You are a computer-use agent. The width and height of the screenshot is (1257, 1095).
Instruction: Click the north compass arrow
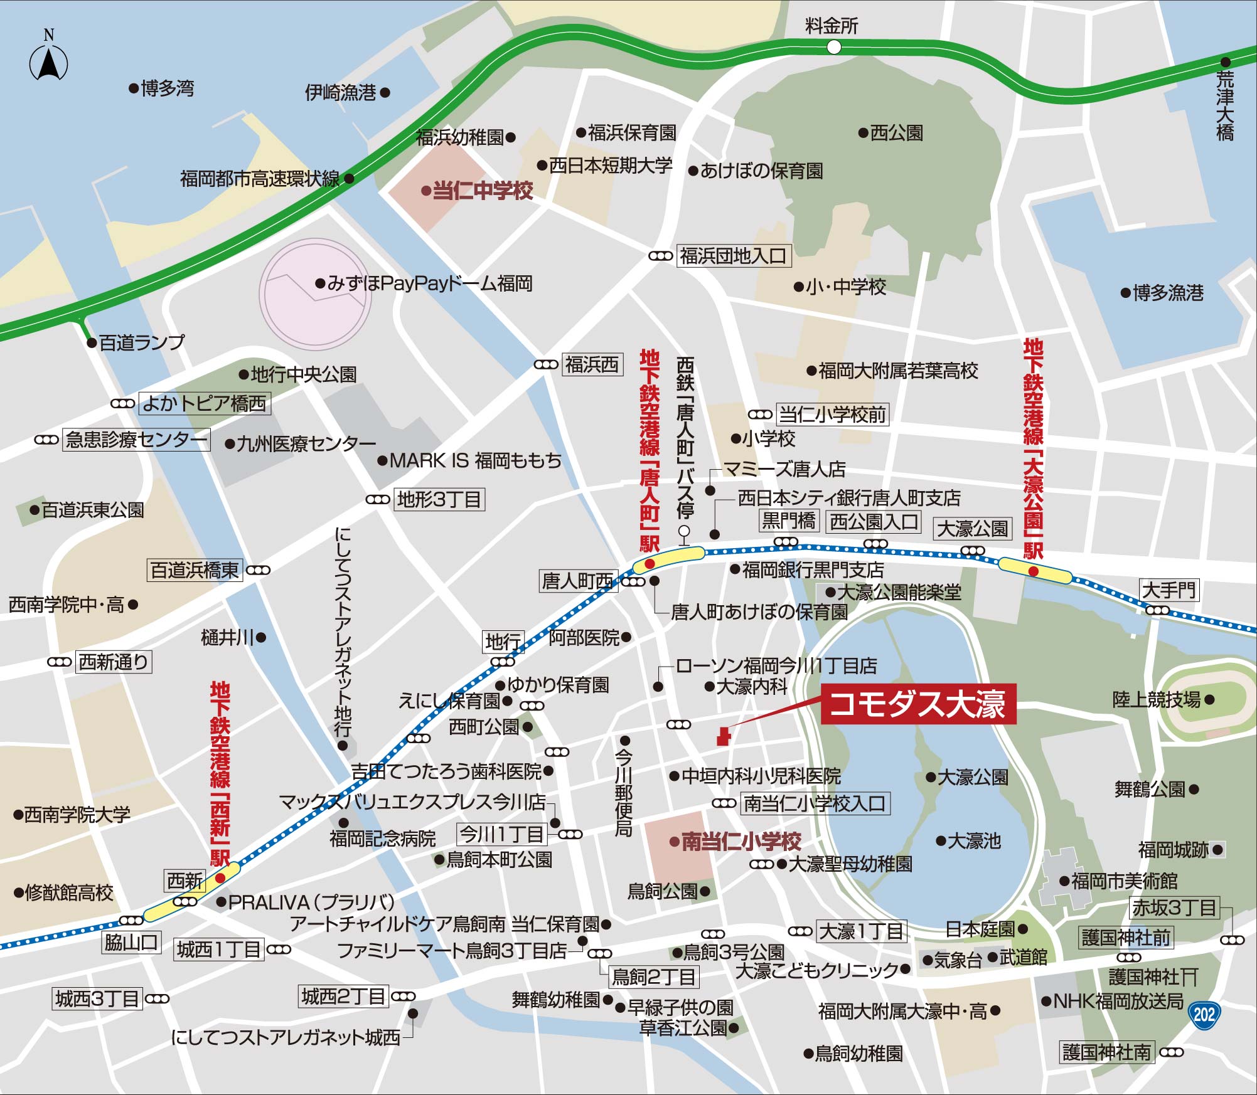tap(49, 63)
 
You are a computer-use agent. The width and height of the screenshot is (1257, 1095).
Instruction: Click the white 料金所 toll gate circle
tap(833, 47)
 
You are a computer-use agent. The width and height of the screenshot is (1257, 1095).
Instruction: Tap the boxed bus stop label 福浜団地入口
tap(734, 256)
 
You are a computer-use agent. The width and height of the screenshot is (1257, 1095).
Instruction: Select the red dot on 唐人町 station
tap(650, 564)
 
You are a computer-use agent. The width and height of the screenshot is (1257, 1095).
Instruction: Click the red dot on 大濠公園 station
tap(1033, 571)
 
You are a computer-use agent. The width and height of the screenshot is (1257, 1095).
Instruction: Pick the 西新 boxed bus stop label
tap(185, 881)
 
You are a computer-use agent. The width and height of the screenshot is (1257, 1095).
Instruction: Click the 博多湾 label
tap(167, 88)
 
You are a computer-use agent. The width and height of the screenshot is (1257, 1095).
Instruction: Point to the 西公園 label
tap(896, 133)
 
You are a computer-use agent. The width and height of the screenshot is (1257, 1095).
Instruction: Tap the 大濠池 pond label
tap(973, 840)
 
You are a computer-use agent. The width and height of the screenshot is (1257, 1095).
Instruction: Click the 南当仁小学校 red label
tap(741, 841)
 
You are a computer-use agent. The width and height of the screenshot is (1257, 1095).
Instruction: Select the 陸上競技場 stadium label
tap(1157, 699)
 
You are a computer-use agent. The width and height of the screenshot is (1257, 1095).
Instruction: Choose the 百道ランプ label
tap(142, 342)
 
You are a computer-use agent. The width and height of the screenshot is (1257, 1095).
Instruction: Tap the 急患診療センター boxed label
tap(136, 440)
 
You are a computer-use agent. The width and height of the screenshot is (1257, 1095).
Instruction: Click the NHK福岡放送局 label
tap(1118, 1001)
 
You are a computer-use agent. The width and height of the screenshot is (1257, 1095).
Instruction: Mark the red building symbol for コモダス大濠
tap(723, 736)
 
